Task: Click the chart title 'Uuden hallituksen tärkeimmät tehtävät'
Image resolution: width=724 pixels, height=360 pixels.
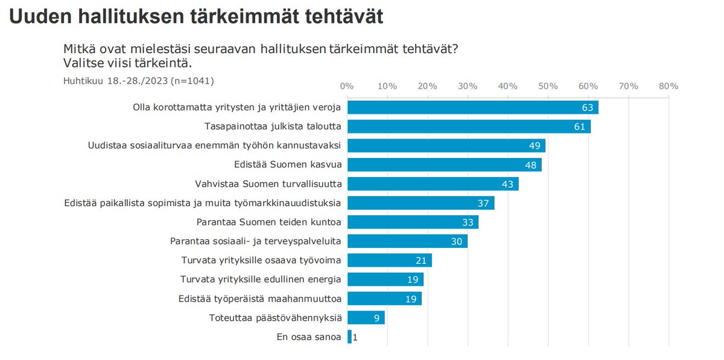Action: tap(196, 16)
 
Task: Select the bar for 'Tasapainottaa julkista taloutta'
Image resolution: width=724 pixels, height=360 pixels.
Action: tap(469, 127)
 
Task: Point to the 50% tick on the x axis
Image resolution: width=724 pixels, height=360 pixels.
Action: tap(548, 86)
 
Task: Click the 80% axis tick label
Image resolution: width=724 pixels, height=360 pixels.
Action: tap(669, 86)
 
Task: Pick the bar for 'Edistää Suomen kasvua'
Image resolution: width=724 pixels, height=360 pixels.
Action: tap(444, 165)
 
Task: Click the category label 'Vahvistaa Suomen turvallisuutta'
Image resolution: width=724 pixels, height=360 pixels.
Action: tap(268, 184)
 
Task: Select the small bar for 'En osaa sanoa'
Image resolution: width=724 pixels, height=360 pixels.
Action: tap(349, 337)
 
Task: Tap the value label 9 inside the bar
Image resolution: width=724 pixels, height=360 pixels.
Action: tap(376, 318)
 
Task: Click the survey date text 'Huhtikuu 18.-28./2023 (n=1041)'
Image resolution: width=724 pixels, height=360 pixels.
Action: tap(138, 80)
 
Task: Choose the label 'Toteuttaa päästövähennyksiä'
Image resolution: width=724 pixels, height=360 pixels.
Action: tap(275, 318)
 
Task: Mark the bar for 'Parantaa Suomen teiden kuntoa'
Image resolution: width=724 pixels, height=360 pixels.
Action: tap(413, 223)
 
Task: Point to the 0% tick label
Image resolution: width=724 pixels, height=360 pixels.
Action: tap(347, 86)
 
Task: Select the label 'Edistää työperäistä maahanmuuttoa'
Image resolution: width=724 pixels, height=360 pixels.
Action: tap(260, 298)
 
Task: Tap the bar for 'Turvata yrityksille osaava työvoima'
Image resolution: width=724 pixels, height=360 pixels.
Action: tap(389, 261)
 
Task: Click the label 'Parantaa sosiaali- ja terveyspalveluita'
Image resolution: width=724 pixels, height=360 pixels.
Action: tap(256, 241)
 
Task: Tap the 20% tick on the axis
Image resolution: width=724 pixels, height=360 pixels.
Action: tap(427, 86)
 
